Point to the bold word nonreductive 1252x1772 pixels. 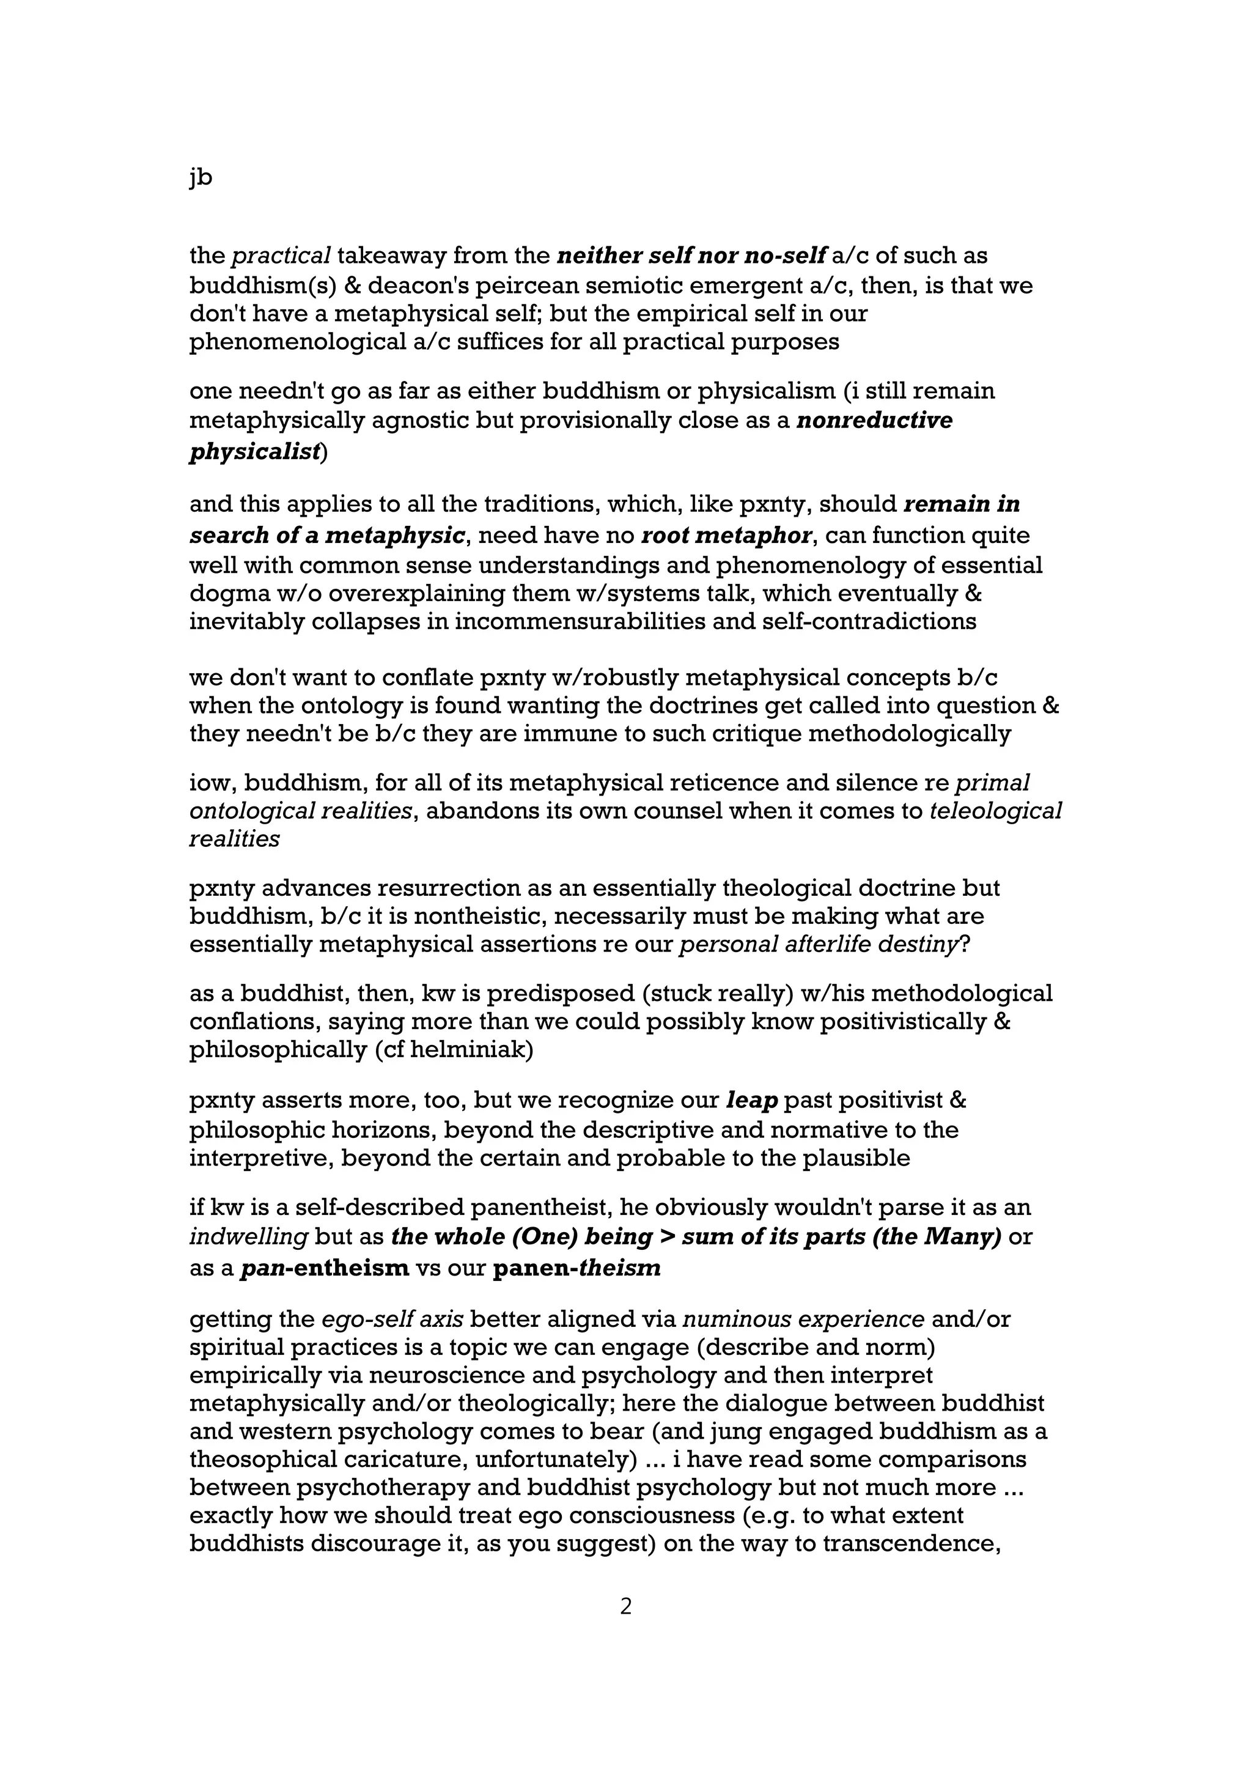[874, 421]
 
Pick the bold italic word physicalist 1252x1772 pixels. [254, 452]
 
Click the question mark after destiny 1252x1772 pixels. [964, 944]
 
